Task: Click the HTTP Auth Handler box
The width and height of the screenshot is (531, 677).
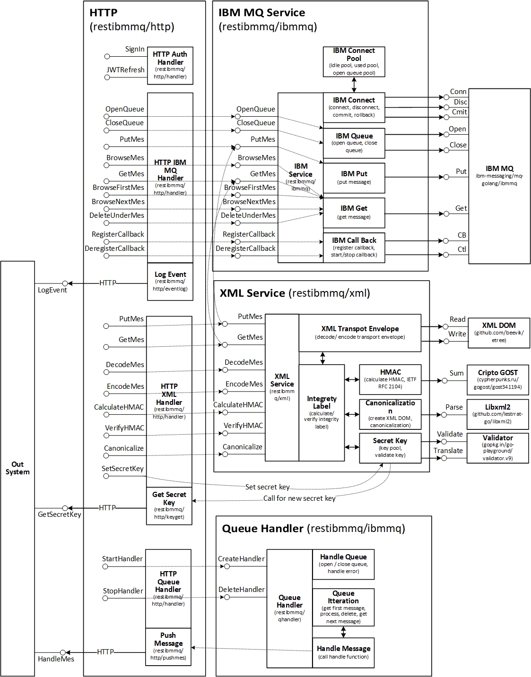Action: tap(170, 65)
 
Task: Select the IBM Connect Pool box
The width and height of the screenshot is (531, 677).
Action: tap(354, 61)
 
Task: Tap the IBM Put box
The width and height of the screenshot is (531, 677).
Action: tap(354, 177)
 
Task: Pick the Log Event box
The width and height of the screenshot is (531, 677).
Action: tap(170, 282)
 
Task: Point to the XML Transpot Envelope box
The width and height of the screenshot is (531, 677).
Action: tap(359, 332)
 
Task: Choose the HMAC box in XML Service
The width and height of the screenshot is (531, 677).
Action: tap(390, 379)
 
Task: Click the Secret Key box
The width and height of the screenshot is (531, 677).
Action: tap(390, 447)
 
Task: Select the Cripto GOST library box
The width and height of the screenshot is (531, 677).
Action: tap(497, 379)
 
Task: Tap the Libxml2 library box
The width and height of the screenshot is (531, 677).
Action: tap(497, 413)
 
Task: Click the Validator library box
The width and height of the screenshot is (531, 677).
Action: tap(497, 447)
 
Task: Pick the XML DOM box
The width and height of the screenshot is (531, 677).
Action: tap(499, 333)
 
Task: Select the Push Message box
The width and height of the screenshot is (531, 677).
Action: tap(168, 647)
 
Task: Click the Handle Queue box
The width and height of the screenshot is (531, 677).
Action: tap(343, 564)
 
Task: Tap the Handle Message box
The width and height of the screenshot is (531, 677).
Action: tap(343, 652)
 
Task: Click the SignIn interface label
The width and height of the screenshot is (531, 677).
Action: tap(135, 49)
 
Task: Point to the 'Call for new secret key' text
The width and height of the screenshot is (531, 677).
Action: tap(299, 498)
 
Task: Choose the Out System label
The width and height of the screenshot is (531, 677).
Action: tap(17, 468)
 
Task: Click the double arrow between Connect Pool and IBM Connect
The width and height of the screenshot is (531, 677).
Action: tap(354, 85)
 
